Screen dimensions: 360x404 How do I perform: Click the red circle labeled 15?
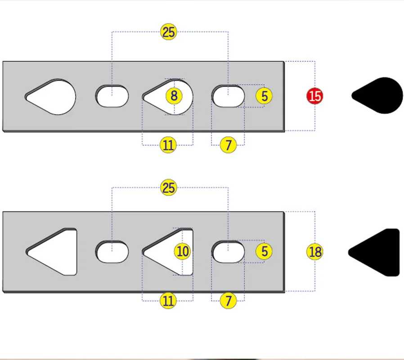point(315,96)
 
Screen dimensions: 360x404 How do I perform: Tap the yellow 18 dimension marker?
point(315,252)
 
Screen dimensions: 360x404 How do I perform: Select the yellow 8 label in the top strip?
point(174,96)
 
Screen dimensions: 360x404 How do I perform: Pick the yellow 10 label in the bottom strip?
point(182,252)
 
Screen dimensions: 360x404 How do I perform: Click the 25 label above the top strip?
point(169,32)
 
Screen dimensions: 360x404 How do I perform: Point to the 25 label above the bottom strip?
point(169,188)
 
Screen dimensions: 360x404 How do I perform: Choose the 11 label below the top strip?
point(168,145)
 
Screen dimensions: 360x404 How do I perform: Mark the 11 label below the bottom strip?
point(168,301)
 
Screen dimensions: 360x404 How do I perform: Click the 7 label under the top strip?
point(229,145)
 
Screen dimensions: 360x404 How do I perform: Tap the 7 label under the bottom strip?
point(229,301)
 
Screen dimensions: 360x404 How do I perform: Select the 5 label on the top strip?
point(264,96)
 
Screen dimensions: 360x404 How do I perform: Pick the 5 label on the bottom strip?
point(264,252)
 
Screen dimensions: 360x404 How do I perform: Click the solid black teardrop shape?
point(380,96)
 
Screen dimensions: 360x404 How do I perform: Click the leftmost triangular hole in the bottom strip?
point(56,252)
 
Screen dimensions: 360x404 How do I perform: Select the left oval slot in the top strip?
point(112,96)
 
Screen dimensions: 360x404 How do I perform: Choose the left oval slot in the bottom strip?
point(112,252)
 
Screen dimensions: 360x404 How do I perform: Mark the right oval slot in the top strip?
point(229,96)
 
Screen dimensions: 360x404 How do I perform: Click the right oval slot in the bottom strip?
point(229,252)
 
